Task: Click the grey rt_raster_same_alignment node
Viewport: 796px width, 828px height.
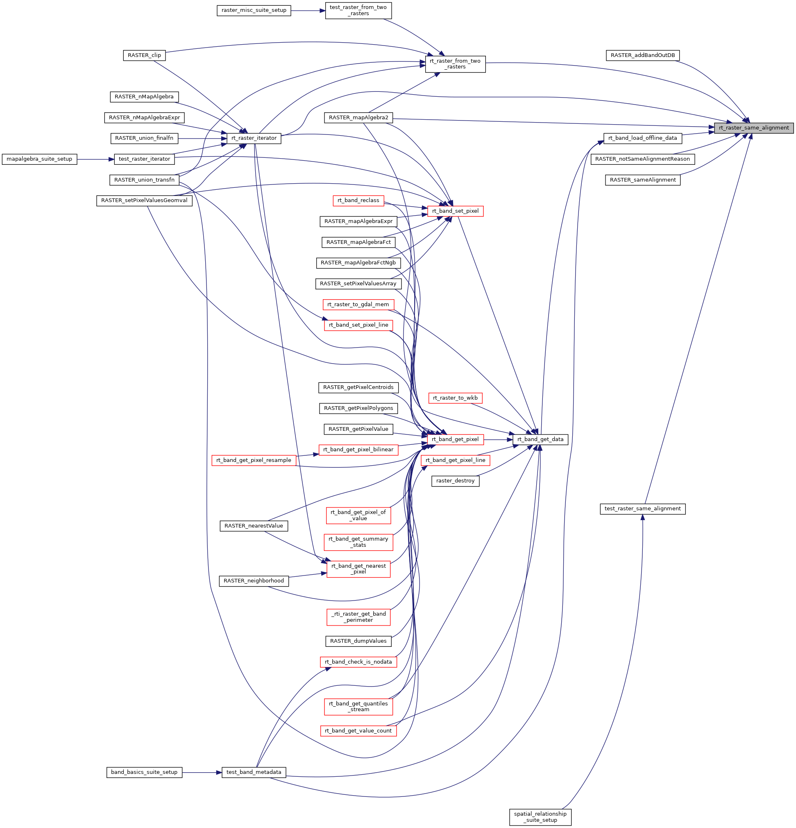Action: pyautogui.click(x=753, y=128)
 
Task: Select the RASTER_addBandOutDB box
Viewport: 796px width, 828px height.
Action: pyautogui.click(x=642, y=55)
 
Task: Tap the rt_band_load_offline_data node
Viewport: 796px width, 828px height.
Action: pyautogui.click(x=642, y=138)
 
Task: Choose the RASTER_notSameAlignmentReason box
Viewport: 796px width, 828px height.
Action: pyautogui.click(x=642, y=159)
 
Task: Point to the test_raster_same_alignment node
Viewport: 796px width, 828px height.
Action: pyautogui.click(x=642, y=509)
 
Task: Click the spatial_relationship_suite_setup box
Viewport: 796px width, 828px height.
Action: pyautogui.click(x=540, y=817)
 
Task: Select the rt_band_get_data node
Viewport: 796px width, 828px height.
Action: pyautogui.click(x=540, y=439)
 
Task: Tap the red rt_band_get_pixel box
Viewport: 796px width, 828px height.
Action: pyautogui.click(x=455, y=439)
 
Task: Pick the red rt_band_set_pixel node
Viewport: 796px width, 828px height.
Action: pyautogui.click(x=455, y=211)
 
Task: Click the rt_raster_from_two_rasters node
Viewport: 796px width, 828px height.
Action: pyautogui.click(x=455, y=64)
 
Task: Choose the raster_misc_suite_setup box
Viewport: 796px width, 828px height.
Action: pyautogui.click(x=254, y=10)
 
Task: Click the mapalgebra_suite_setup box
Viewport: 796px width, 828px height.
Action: pyautogui.click(x=39, y=159)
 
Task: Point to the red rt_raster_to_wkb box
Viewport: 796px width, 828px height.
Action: pyautogui.click(x=455, y=398)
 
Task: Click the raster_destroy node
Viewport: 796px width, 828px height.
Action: pyautogui.click(x=455, y=481)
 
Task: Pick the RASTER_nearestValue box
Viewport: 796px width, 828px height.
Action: pyautogui.click(x=254, y=526)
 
